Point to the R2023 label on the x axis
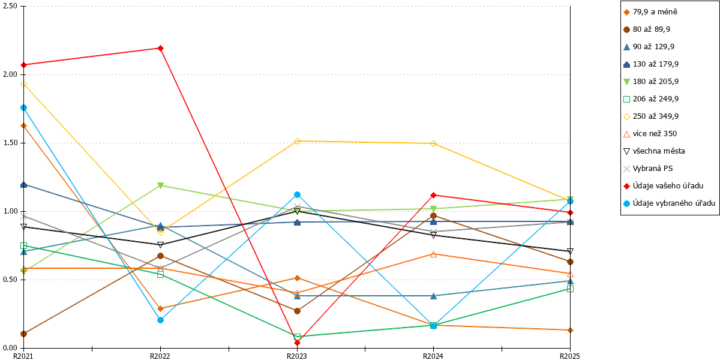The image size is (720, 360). click(x=296, y=356)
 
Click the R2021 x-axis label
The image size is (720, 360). click(x=23, y=356)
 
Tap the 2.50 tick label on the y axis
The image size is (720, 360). click(x=10, y=6)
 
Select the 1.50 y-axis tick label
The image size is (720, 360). click(x=10, y=143)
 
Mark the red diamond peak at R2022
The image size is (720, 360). click(x=160, y=48)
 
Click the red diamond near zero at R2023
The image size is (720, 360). click(x=298, y=343)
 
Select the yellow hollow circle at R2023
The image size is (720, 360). click(x=298, y=141)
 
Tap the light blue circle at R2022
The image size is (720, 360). click(x=160, y=320)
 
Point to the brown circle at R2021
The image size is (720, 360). click(x=24, y=334)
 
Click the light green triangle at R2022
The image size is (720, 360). click(x=160, y=185)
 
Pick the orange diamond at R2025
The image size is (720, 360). click(x=570, y=330)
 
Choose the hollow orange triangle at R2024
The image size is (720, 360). click(x=433, y=254)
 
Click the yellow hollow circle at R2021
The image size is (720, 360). click(x=24, y=84)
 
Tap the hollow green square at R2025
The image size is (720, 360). click(x=570, y=289)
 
